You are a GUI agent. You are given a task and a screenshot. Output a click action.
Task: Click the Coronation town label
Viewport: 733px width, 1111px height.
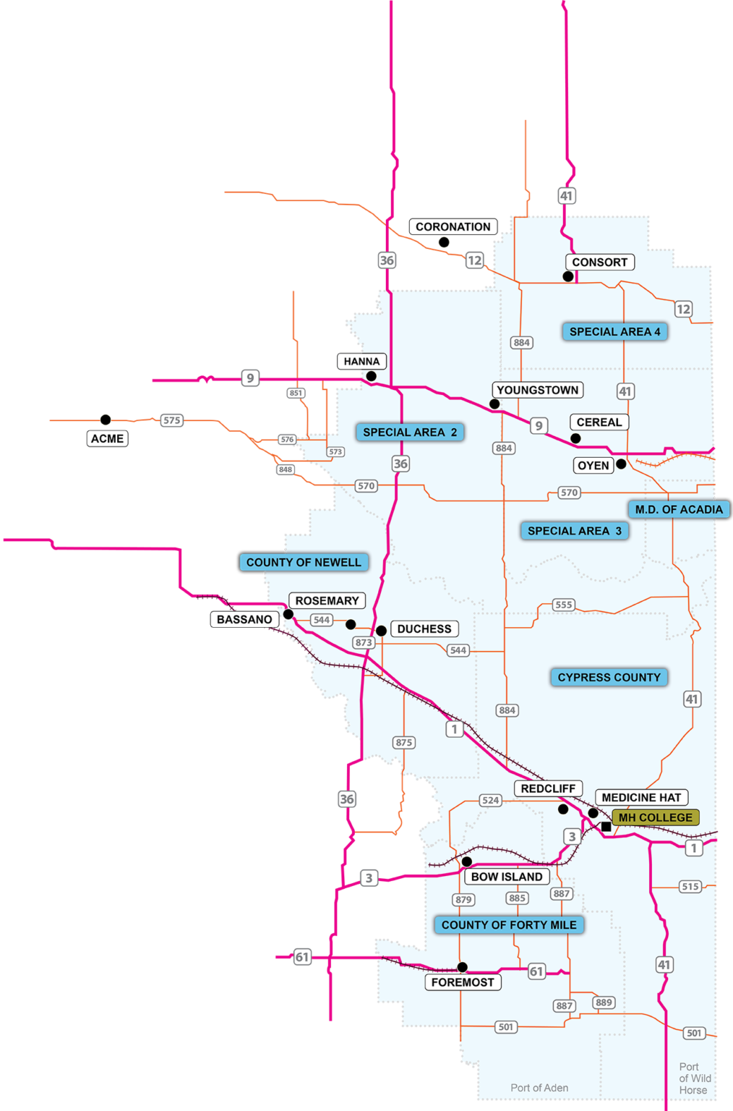pos(453,227)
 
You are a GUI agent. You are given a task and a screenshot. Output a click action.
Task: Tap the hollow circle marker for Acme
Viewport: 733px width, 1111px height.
pos(106,420)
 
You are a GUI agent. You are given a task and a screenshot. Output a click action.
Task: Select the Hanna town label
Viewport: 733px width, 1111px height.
pos(361,361)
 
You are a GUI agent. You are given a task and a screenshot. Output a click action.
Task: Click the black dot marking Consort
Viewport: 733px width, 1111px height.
pos(568,276)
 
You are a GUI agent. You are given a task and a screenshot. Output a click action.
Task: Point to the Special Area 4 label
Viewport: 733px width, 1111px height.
pos(614,332)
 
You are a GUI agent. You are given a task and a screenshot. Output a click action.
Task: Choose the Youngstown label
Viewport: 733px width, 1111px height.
pos(537,390)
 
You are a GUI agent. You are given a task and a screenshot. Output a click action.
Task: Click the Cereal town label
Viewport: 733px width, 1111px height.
pos(599,422)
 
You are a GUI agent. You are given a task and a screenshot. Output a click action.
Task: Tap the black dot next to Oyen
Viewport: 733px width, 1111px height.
pos(621,464)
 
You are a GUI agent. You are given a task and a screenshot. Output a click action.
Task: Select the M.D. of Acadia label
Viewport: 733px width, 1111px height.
pos(678,509)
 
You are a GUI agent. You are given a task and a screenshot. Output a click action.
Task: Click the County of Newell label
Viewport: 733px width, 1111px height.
pos(304,562)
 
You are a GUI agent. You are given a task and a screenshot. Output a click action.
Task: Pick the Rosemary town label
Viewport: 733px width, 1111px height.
pos(327,601)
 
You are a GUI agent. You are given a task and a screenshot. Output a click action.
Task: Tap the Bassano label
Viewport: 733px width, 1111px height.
pos(244,619)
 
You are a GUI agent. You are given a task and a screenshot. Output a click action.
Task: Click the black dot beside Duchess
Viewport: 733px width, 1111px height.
pos(381,631)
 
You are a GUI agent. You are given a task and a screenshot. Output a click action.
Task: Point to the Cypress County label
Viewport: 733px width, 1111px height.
pos(609,677)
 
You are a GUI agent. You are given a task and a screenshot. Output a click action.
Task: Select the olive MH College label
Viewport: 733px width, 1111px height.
pos(655,817)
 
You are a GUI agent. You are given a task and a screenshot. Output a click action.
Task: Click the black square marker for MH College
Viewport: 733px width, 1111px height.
pos(606,826)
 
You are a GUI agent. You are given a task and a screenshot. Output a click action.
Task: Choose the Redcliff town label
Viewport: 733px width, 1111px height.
pos(548,788)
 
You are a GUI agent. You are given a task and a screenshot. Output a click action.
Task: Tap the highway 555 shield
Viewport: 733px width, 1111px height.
pos(563,605)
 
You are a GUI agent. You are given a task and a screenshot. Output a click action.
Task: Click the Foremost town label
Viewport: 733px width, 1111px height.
pos(463,982)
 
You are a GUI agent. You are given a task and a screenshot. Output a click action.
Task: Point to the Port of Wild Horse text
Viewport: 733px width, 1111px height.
pos(694,1078)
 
